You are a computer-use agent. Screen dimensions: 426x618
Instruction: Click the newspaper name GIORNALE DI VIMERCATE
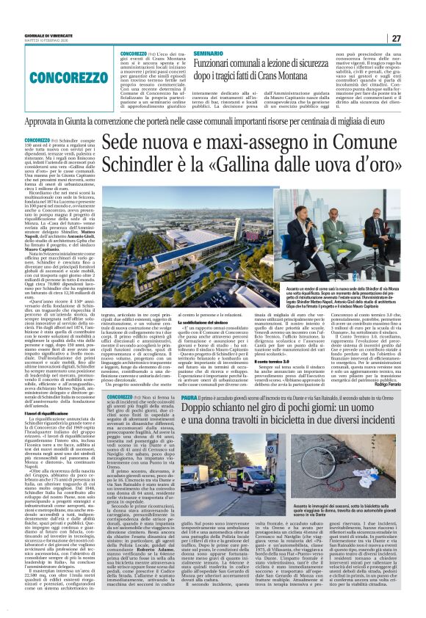click(30, 37)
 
